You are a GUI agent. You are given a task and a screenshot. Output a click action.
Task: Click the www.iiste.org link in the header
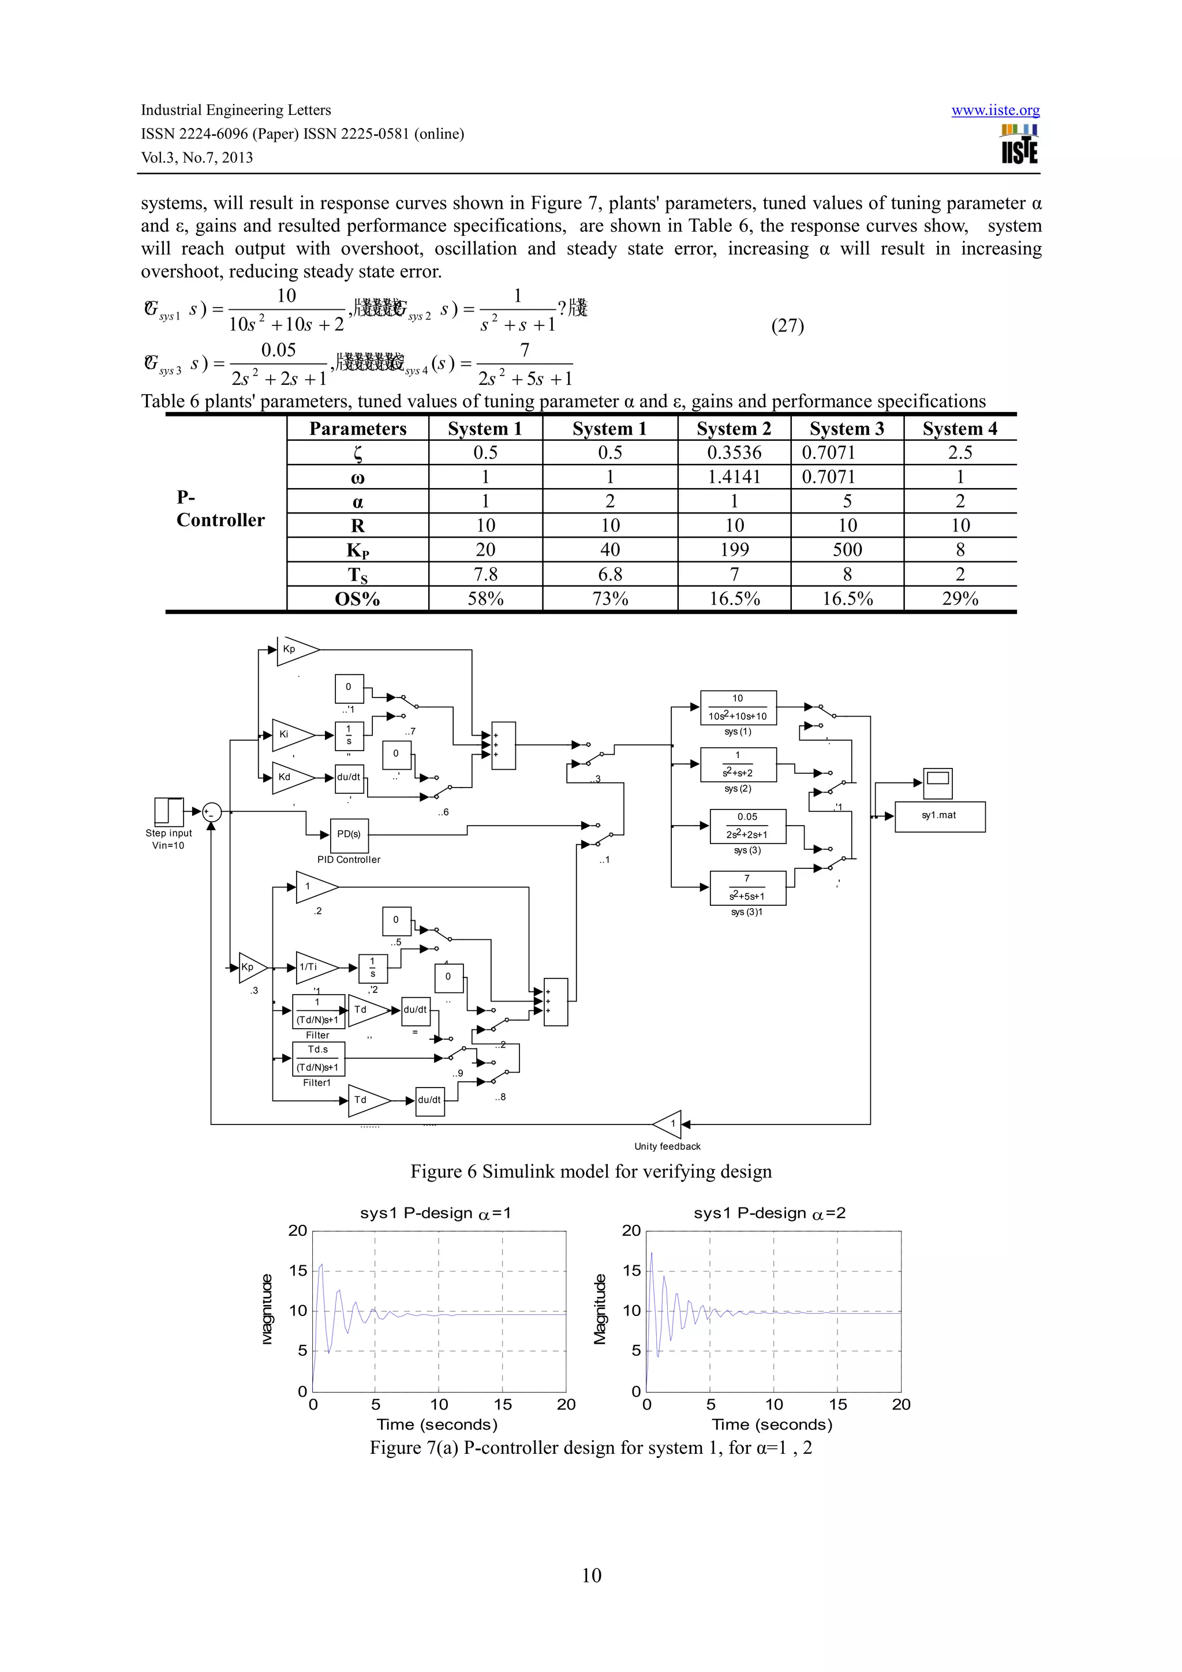(995, 111)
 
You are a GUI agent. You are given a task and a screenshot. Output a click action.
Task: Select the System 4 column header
(959, 429)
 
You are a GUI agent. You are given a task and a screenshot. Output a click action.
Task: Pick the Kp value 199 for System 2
(734, 550)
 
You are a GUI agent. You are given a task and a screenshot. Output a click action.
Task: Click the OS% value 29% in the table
(959, 599)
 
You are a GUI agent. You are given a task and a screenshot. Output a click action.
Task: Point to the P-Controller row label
(220, 508)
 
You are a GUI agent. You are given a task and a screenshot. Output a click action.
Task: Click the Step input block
(169, 811)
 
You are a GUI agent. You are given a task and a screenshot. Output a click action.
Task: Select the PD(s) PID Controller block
(349, 834)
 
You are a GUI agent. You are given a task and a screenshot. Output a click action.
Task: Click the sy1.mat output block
(939, 816)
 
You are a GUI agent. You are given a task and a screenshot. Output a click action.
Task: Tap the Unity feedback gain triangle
(668, 1124)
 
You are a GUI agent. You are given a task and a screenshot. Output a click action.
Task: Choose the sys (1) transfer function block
(738, 708)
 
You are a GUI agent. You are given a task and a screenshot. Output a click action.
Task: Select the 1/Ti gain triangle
(315, 968)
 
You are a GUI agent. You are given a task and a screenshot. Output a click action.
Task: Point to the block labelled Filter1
(317, 1059)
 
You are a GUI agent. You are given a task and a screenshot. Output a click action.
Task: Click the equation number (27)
(787, 325)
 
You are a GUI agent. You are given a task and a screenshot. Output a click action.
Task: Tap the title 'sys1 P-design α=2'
(769, 1213)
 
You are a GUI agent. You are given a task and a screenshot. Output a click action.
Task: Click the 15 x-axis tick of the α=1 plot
(503, 1405)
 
